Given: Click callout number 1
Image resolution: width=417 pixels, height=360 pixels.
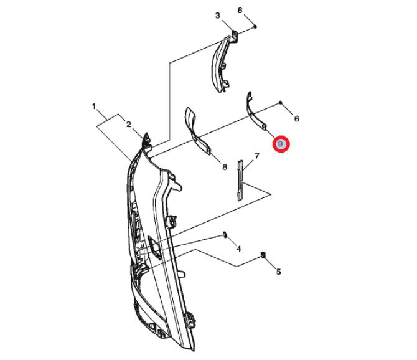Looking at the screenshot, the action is point(93,107).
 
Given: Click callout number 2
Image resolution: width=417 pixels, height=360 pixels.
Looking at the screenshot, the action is point(129,125).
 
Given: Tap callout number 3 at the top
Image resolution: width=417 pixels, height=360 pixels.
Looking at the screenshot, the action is point(218,16).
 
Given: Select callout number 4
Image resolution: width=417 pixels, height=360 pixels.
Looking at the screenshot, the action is point(238,249).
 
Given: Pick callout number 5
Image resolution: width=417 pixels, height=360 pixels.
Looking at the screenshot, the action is point(278,272).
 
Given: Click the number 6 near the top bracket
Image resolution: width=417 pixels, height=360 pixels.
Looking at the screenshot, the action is point(240,11).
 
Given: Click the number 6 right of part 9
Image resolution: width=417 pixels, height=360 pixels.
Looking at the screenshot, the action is point(296,118).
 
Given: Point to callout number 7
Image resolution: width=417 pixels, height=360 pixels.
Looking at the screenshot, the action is point(256,156).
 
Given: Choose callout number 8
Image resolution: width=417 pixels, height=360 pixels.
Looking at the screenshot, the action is point(225,167).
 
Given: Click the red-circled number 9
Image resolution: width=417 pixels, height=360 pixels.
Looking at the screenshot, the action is point(280,144).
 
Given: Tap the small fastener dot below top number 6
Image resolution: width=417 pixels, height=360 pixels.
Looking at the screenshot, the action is point(255,27).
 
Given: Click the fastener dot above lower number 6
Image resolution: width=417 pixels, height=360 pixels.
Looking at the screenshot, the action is point(280,102).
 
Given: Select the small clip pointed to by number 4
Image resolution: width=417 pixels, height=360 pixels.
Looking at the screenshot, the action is point(225,235).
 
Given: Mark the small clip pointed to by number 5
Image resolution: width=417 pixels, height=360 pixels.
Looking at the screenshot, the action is point(263,254).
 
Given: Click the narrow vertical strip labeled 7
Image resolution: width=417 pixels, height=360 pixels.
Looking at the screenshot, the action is point(240,181).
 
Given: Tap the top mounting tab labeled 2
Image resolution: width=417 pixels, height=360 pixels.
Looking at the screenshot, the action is point(146,139).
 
